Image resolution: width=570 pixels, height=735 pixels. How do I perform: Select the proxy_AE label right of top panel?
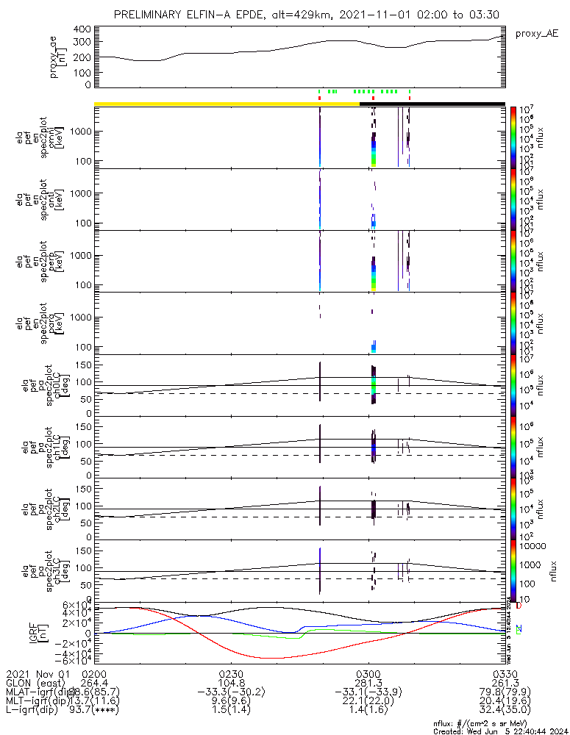pos(536,34)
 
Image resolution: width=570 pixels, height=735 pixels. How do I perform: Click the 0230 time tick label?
pos(231,673)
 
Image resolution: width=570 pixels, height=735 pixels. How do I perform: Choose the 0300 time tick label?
pos(368,673)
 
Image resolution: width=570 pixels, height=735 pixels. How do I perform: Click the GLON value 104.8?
pos(231,683)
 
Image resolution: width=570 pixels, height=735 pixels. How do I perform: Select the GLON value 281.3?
pos(368,683)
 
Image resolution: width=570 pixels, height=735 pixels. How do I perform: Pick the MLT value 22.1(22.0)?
pos(368,702)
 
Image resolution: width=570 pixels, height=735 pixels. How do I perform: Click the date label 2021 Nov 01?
pos(37,673)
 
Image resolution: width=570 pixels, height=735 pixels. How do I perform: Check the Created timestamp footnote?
pos(500,731)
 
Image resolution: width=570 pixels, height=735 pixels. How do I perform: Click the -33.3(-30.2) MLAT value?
pos(231,692)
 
